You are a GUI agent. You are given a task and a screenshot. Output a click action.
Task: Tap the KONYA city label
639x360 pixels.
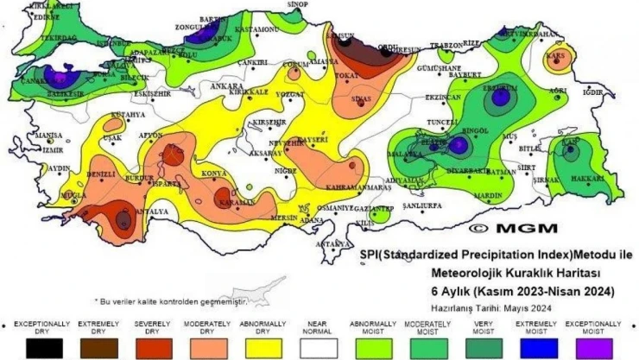(x=213, y=174)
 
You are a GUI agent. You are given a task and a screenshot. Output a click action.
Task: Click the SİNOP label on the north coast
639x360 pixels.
(x=297, y=5)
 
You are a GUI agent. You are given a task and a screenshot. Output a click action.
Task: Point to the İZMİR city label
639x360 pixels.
(x=53, y=148)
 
